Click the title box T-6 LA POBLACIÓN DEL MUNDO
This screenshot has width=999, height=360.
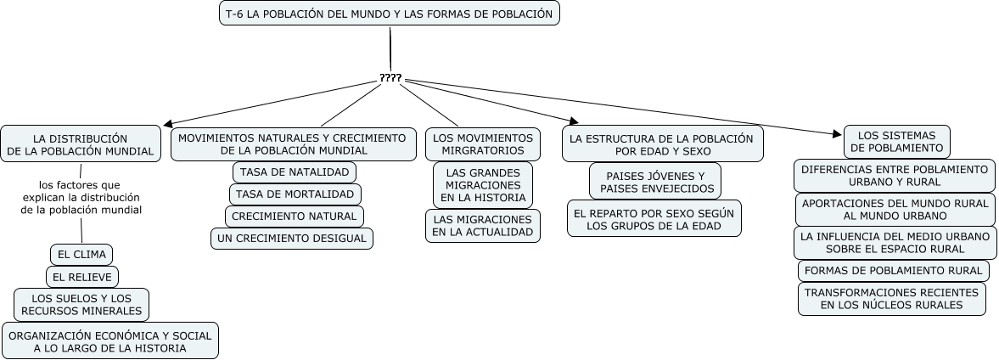[390, 14]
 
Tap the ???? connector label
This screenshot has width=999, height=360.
[390, 78]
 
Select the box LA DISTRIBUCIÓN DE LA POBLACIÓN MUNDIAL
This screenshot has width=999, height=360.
[81, 143]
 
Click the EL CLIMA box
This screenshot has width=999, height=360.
[81, 254]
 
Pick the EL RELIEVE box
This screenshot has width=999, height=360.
[82, 276]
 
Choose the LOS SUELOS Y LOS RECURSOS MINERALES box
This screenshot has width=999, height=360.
[81, 304]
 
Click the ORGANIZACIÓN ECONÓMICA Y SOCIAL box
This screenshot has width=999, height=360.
[109, 340]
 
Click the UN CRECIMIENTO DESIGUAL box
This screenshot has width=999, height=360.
[292, 239]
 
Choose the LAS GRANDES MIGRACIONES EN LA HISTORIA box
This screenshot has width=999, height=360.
[483, 183]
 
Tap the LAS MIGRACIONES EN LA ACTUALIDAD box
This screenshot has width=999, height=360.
[483, 225]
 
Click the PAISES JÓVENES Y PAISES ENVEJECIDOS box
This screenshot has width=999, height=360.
[655, 182]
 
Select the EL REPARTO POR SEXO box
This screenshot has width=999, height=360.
[654, 218]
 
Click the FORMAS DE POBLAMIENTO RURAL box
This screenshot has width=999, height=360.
[892, 271]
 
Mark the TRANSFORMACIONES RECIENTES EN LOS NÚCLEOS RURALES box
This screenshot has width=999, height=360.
[892, 298]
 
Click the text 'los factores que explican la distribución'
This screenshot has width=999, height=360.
[81, 196]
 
